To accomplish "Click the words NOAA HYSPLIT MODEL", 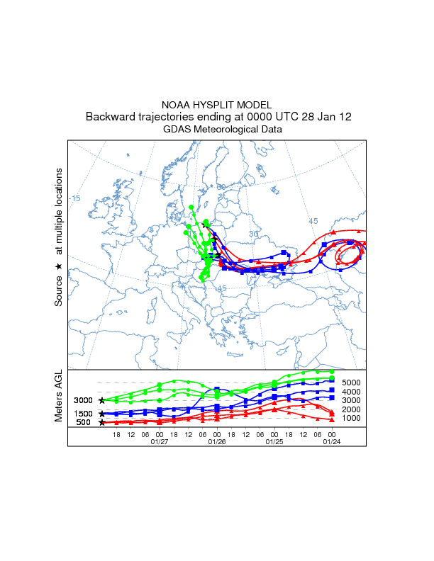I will tap(217, 105).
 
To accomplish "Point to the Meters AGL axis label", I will tap(59, 396).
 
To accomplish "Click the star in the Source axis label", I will tap(59, 266).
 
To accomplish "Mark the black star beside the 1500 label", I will tap(102, 414).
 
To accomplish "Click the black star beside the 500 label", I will tap(102, 423).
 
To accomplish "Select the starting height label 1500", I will tap(83, 414).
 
